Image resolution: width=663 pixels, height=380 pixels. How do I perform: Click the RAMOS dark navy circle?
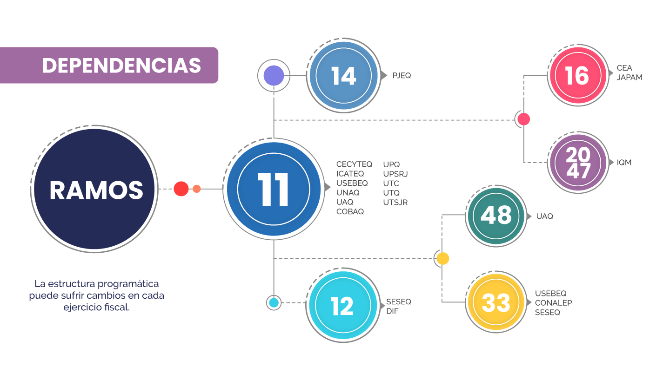(x=95, y=190)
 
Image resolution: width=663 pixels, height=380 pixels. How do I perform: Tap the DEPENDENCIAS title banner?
(x=121, y=66)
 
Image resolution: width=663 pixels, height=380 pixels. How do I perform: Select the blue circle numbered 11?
(x=273, y=189)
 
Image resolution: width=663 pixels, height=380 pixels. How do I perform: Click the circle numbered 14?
(x=343, y=76)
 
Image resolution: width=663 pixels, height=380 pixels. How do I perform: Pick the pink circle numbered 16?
(x=577, y=75)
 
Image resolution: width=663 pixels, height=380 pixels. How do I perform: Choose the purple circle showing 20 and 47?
(x=578, y=163)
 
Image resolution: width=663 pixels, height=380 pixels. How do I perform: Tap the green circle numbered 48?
(x=496, y=216)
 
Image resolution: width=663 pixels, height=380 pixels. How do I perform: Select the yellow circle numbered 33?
(x=496, y=303)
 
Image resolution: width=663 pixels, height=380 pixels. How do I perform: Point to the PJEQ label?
(x=402, y=75)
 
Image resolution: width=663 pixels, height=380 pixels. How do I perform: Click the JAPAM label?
(x=630, y=78)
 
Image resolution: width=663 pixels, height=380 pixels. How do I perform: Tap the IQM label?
(x=624, y=163)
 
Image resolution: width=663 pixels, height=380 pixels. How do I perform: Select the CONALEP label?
(x=553, y=303)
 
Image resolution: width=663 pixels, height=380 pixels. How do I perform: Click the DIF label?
(x=392, y=311)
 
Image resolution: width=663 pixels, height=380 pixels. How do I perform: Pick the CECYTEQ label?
(x=354, y=164)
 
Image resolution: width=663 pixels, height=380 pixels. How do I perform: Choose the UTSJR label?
(x=395, y=202)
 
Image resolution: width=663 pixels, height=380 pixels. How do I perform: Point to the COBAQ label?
(x=350, y=211)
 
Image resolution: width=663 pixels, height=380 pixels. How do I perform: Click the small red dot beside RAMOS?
(x=181, y=189)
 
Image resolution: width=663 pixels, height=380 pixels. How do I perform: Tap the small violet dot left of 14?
(x=273, y=76)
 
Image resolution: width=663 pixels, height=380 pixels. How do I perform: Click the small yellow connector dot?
(x=442, y=259)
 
